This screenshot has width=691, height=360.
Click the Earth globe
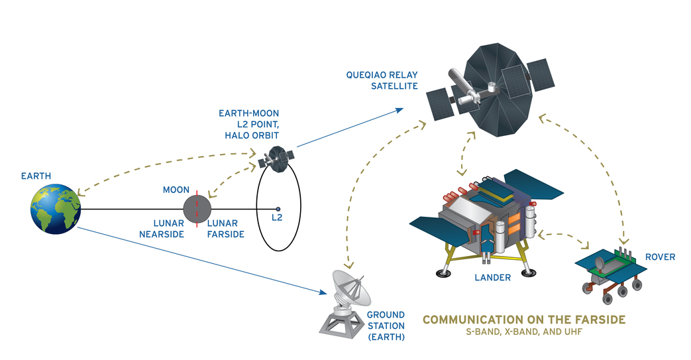click(x=55, y=209)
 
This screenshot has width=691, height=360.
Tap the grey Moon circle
click(x=196, y=210)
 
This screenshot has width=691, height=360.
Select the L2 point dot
click(x=278, y=210)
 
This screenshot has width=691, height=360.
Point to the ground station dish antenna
click(x=348, y=286)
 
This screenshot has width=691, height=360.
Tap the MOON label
click(x=176, y=190)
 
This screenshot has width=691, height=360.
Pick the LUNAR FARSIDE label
click(x=226, y=229)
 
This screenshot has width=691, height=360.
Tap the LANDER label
click(x=492, y=278)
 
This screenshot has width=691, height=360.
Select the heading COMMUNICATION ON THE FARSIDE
click(x=524, y=320)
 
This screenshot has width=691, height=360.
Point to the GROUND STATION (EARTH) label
click(x=385, y=325)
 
